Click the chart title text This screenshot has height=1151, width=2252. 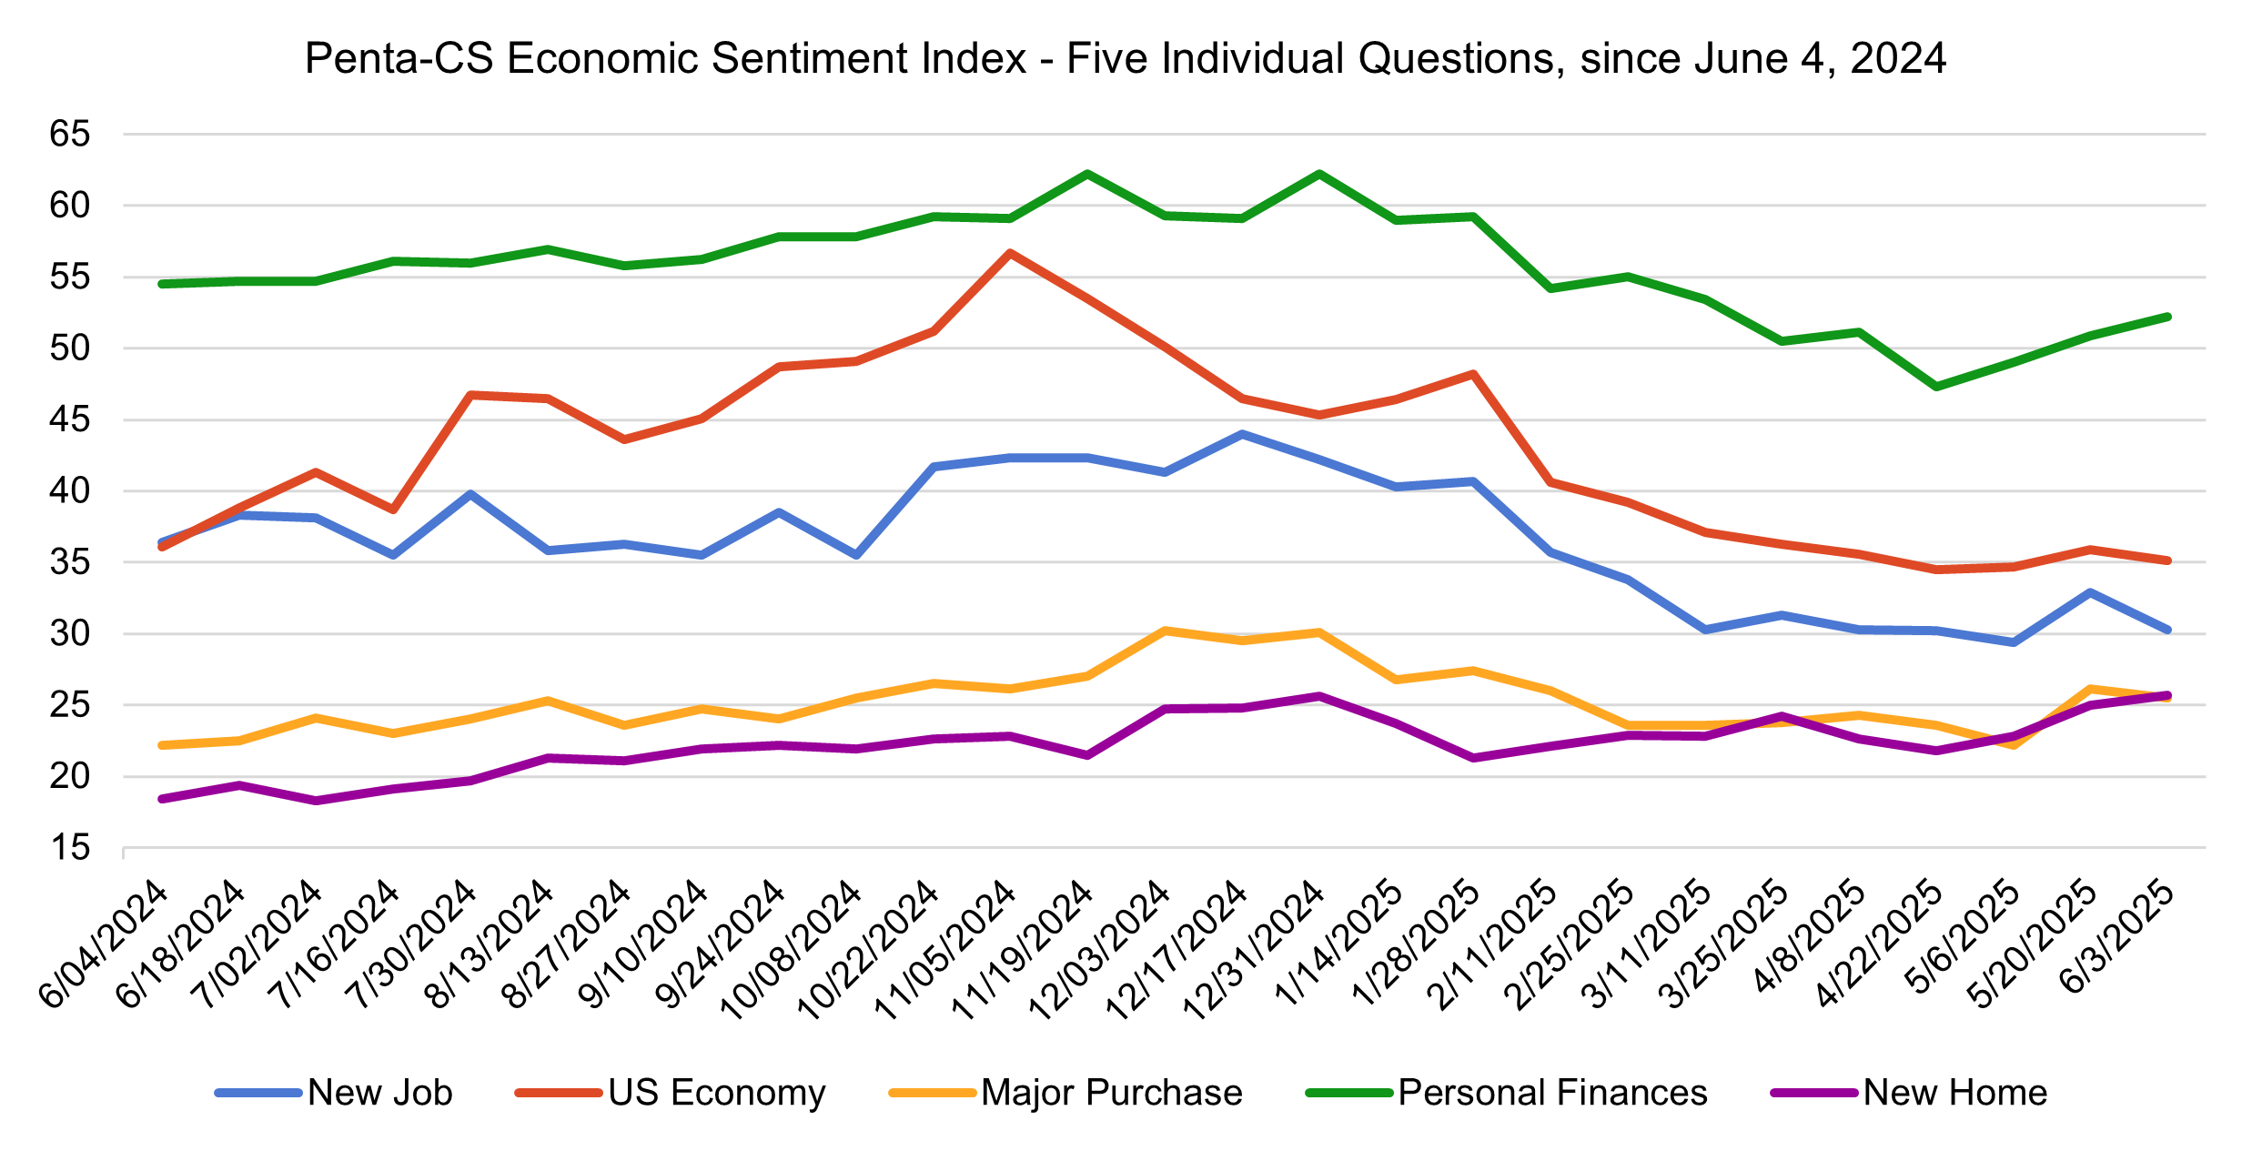coord(1126,59)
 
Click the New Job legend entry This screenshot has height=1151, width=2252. coord(379,1093)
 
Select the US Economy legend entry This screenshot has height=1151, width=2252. coord(716,1093)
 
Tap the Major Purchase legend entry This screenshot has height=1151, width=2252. coord(1111,1093)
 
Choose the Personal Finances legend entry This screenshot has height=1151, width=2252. coord(1552,1093)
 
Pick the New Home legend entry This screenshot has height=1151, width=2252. coord(1954,1093)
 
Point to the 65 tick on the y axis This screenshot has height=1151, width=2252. coord(70,135)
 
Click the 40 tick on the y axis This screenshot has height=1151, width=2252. coord(70,491)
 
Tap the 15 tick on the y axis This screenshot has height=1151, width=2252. coord(70,848)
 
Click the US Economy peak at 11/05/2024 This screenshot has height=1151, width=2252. coord(1010,253)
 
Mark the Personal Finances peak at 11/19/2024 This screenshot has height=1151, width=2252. coord(1087,173)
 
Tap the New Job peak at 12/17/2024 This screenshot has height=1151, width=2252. coord(1242,434)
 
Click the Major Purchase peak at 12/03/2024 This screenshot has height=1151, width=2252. coord(1165,630)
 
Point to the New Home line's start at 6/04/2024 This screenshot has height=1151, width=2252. coord(162,799)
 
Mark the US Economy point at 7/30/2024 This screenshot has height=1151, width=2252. coord(470,395)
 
